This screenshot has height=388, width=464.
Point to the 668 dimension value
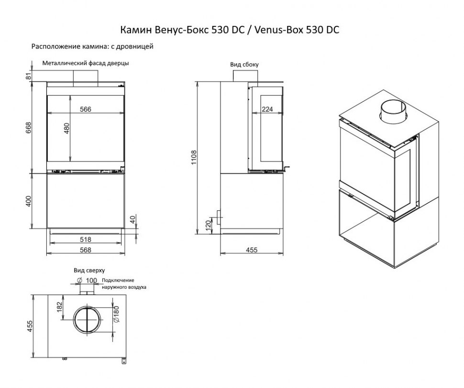pyautogui.click(x=28, y=127)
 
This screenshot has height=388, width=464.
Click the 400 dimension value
pyautogui.click(x=28, y=201)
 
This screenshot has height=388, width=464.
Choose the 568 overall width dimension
pyautogui.click(x=86, y=249)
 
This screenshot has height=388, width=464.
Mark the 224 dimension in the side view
pyautogui.click(x=268, y=109)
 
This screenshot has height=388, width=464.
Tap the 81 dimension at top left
pyautogui.click(x=28, y=75)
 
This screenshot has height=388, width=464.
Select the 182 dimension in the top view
pyautogui.click(x=59, y=307)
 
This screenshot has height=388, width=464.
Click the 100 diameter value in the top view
pyautogui.click(x=91, y=280)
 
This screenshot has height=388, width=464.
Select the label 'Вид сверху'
pyautogui.click(x=89, y=270)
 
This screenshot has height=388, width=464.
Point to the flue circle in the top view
pyautogui.click(x=87, y=320)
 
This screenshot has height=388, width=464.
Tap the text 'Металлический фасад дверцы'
pyautogui.click(x=86, y=63)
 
